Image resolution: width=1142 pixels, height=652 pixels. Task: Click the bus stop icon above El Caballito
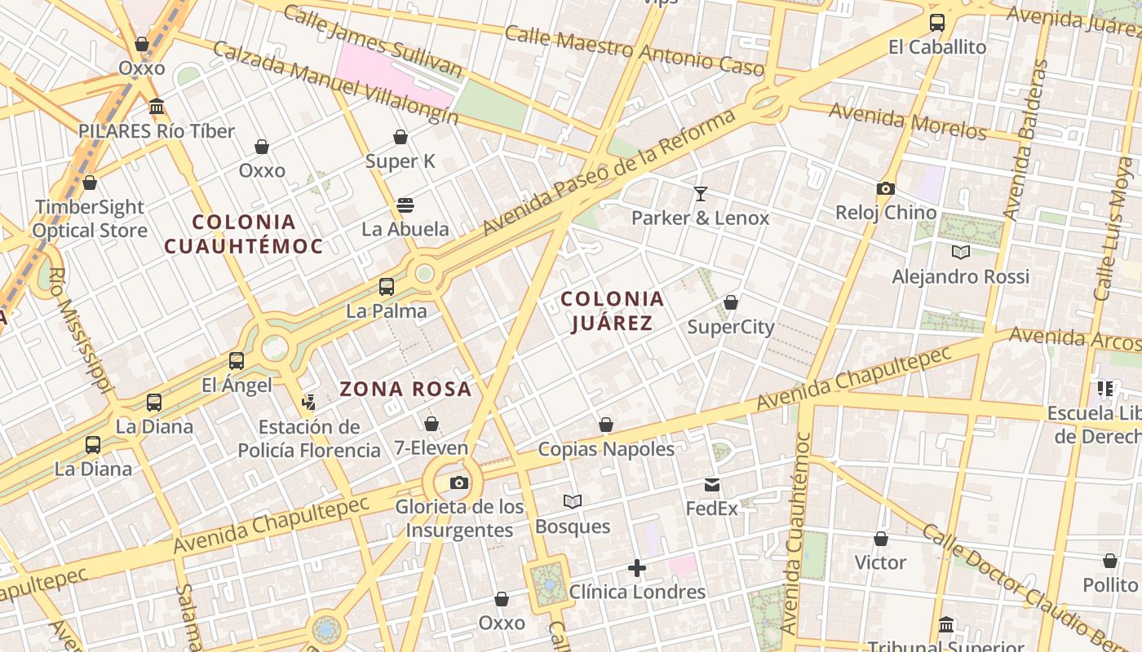(x=937, y=23)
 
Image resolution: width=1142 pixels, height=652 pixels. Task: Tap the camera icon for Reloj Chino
(x=885, y=189)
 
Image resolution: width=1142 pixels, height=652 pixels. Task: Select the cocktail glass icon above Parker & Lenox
(x=700, y=194)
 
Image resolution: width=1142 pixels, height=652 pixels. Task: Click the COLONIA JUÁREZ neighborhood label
(x=612, y=311)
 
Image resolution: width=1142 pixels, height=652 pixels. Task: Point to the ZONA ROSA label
(x=405, y=390)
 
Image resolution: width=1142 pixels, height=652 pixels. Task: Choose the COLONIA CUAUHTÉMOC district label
(x=244, y=234)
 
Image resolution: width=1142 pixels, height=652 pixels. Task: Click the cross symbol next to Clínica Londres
(x=637, y=568)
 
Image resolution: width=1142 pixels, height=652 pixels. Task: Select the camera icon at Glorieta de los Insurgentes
(x=459, y=483)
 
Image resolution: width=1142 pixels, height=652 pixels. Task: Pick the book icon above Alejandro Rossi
(x=961, y=253)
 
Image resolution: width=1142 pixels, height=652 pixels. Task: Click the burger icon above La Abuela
(x=405, y=205)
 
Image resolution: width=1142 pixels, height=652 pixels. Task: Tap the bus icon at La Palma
(x=387, y=287)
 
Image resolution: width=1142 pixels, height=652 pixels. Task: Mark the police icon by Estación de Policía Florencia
(x=308, y=402)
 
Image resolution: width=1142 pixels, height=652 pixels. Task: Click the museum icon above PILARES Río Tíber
(x=157, y=107)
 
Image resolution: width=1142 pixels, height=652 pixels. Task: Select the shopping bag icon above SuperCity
(x=731, y=303)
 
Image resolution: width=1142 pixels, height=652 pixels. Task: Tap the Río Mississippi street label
(x=80, y=331)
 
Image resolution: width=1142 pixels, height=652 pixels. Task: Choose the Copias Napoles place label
(x=606, y=449)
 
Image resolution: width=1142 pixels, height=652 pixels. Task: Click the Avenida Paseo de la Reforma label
(x=609, y=172)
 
